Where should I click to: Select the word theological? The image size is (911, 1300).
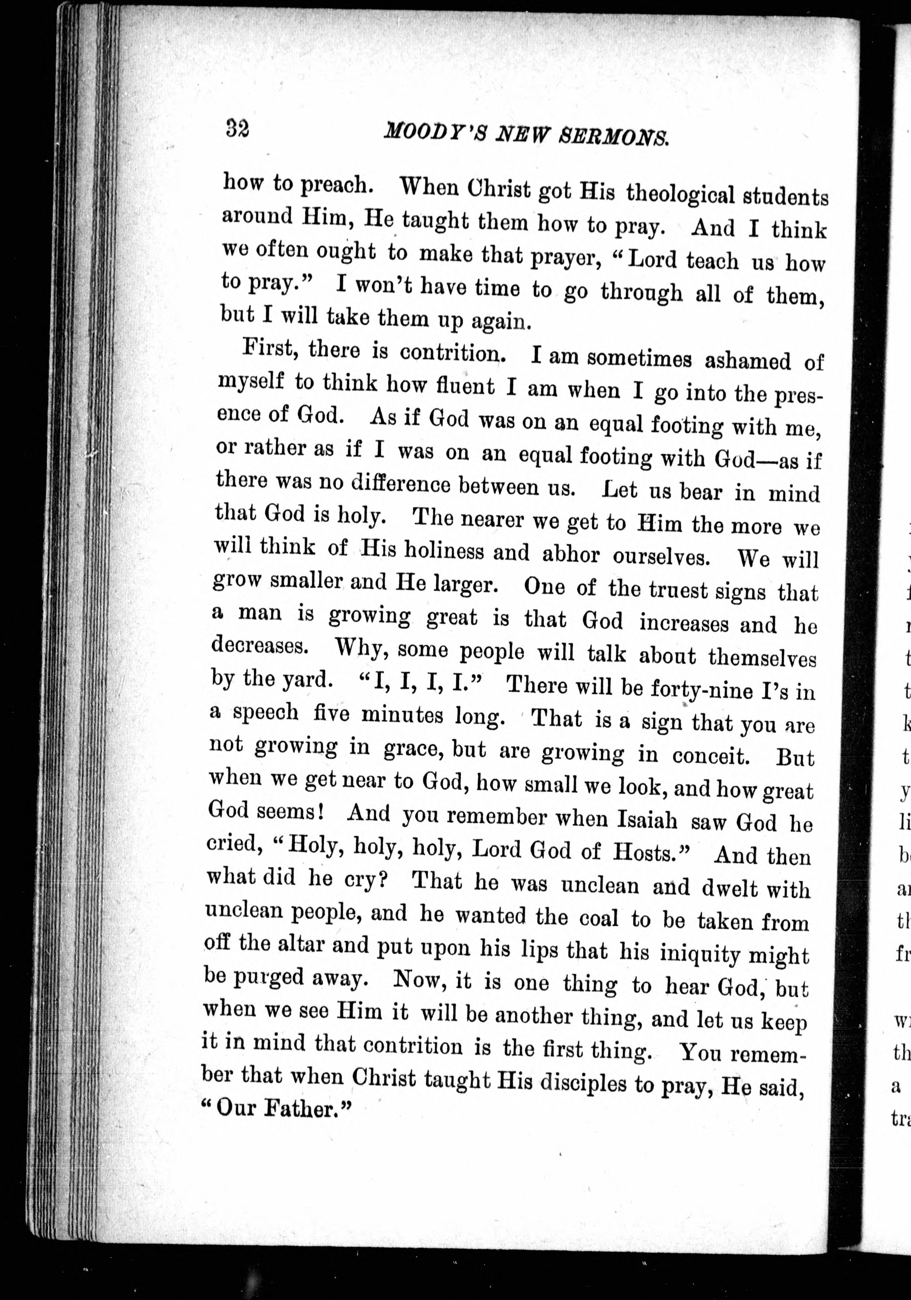pyautogui.click(x=680, y=194)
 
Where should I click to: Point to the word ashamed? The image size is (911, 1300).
pyautogui.click(x=747, y=360)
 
